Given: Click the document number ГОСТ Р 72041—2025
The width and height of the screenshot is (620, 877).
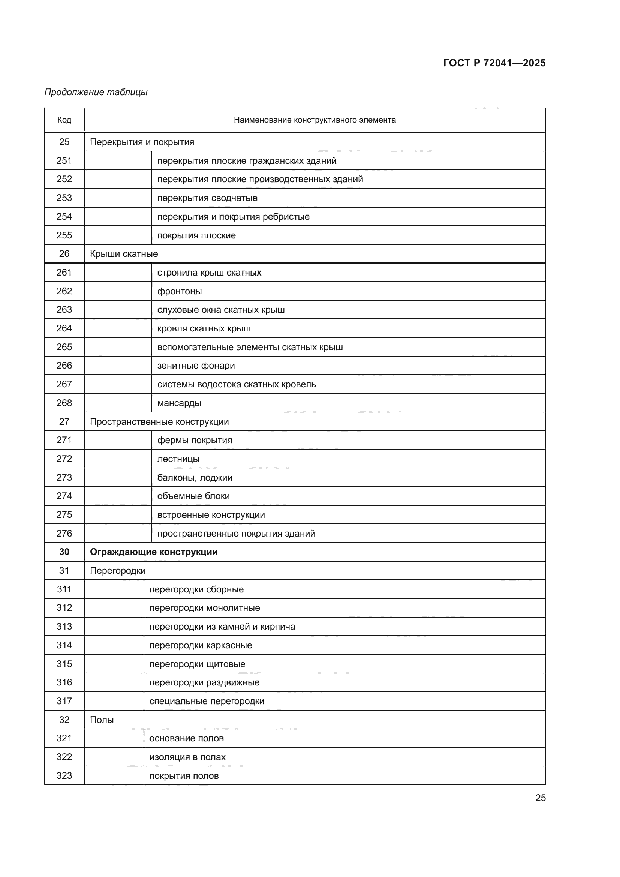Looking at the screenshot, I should pyautogui.click(x=494, y=63).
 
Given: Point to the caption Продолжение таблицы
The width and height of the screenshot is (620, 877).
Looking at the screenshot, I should pyautogui.click(x=96, y=92).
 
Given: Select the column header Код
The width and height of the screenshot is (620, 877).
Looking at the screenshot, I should pyautogui.click(x=64, y=120).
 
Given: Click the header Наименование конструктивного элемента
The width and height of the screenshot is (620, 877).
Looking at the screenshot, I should pyautogui.click(x=314, y=120).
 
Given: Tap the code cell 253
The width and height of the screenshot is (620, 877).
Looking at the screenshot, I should pyautogui.click(x=64, y=198).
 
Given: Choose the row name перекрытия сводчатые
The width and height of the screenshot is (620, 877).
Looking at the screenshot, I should pyautogui.click(x=207, y=198).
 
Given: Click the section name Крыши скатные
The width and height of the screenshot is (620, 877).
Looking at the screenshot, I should pyautogui.click(x=124, y=253).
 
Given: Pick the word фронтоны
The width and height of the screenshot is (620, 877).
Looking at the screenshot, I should pyautogui.click(x=180, y=291).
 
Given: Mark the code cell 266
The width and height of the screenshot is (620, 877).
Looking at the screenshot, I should pyautogui.click(x=64, y=366).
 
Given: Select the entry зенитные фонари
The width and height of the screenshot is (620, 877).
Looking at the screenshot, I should pyautogui.click(x=196, y=366).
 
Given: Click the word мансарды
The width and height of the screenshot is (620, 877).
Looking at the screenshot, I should pyautogui.click(x=179, y=403).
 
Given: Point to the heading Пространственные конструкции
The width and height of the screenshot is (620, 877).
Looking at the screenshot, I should pyautogui.click(x=159, y=422).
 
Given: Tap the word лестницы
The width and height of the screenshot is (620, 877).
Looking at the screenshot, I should pyautogui.click(x=178, y=459).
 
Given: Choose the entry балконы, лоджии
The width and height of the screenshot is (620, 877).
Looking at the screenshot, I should pyautogui.click(x=195, y=477).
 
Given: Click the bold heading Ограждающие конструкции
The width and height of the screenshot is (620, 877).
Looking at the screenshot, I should pyautogui.click(x=153, y=552).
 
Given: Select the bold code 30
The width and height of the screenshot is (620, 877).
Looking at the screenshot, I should pyautogui.click(x=64, y=552).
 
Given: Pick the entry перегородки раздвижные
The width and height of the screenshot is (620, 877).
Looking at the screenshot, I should pyautogui.click(x=204, y=682).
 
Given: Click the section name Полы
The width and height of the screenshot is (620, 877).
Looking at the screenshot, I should pyautogui.click(x=102, y=720).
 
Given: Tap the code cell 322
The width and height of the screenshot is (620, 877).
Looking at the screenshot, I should pyautogui.click(x=64, y=757).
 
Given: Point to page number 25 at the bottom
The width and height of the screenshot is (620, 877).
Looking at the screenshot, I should pyautogui.click(x=540, y=798).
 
